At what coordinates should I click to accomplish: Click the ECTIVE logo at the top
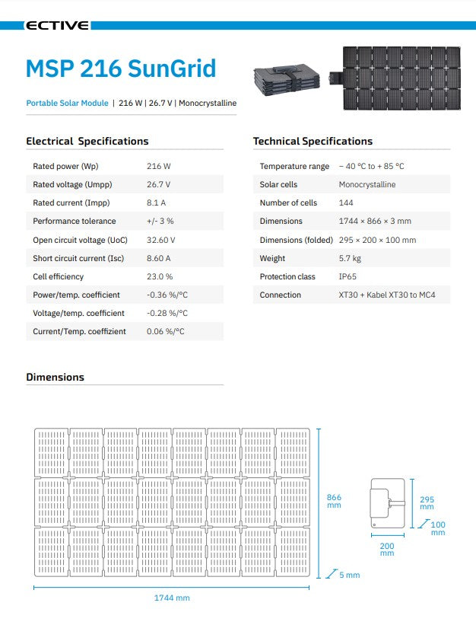coord(57,26)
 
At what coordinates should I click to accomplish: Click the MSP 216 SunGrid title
coord(121,68)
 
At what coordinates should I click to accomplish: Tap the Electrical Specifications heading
coord(87,141)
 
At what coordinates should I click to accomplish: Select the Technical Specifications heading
coord(313,141)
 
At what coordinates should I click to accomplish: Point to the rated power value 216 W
coord(158,166)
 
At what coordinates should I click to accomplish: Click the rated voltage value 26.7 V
coord(158,184)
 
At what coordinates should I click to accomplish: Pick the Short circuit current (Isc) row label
coord(79,258)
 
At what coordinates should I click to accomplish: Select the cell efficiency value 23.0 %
coord(160,276)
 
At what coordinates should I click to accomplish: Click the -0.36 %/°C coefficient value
coord(167,295)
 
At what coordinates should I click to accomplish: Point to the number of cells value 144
coord(345,202)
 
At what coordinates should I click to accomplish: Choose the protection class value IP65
coord(347,276)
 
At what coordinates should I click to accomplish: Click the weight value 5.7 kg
coord(350,258)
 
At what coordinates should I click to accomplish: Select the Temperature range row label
coord(294,166)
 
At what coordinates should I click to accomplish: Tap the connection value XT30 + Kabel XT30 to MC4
coord(386,295)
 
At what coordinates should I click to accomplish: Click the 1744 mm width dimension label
coord(172,598)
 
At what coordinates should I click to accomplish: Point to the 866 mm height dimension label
coord(334,501)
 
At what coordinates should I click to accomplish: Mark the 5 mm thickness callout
coord(350,575)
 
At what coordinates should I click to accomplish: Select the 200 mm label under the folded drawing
coord(387,549)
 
